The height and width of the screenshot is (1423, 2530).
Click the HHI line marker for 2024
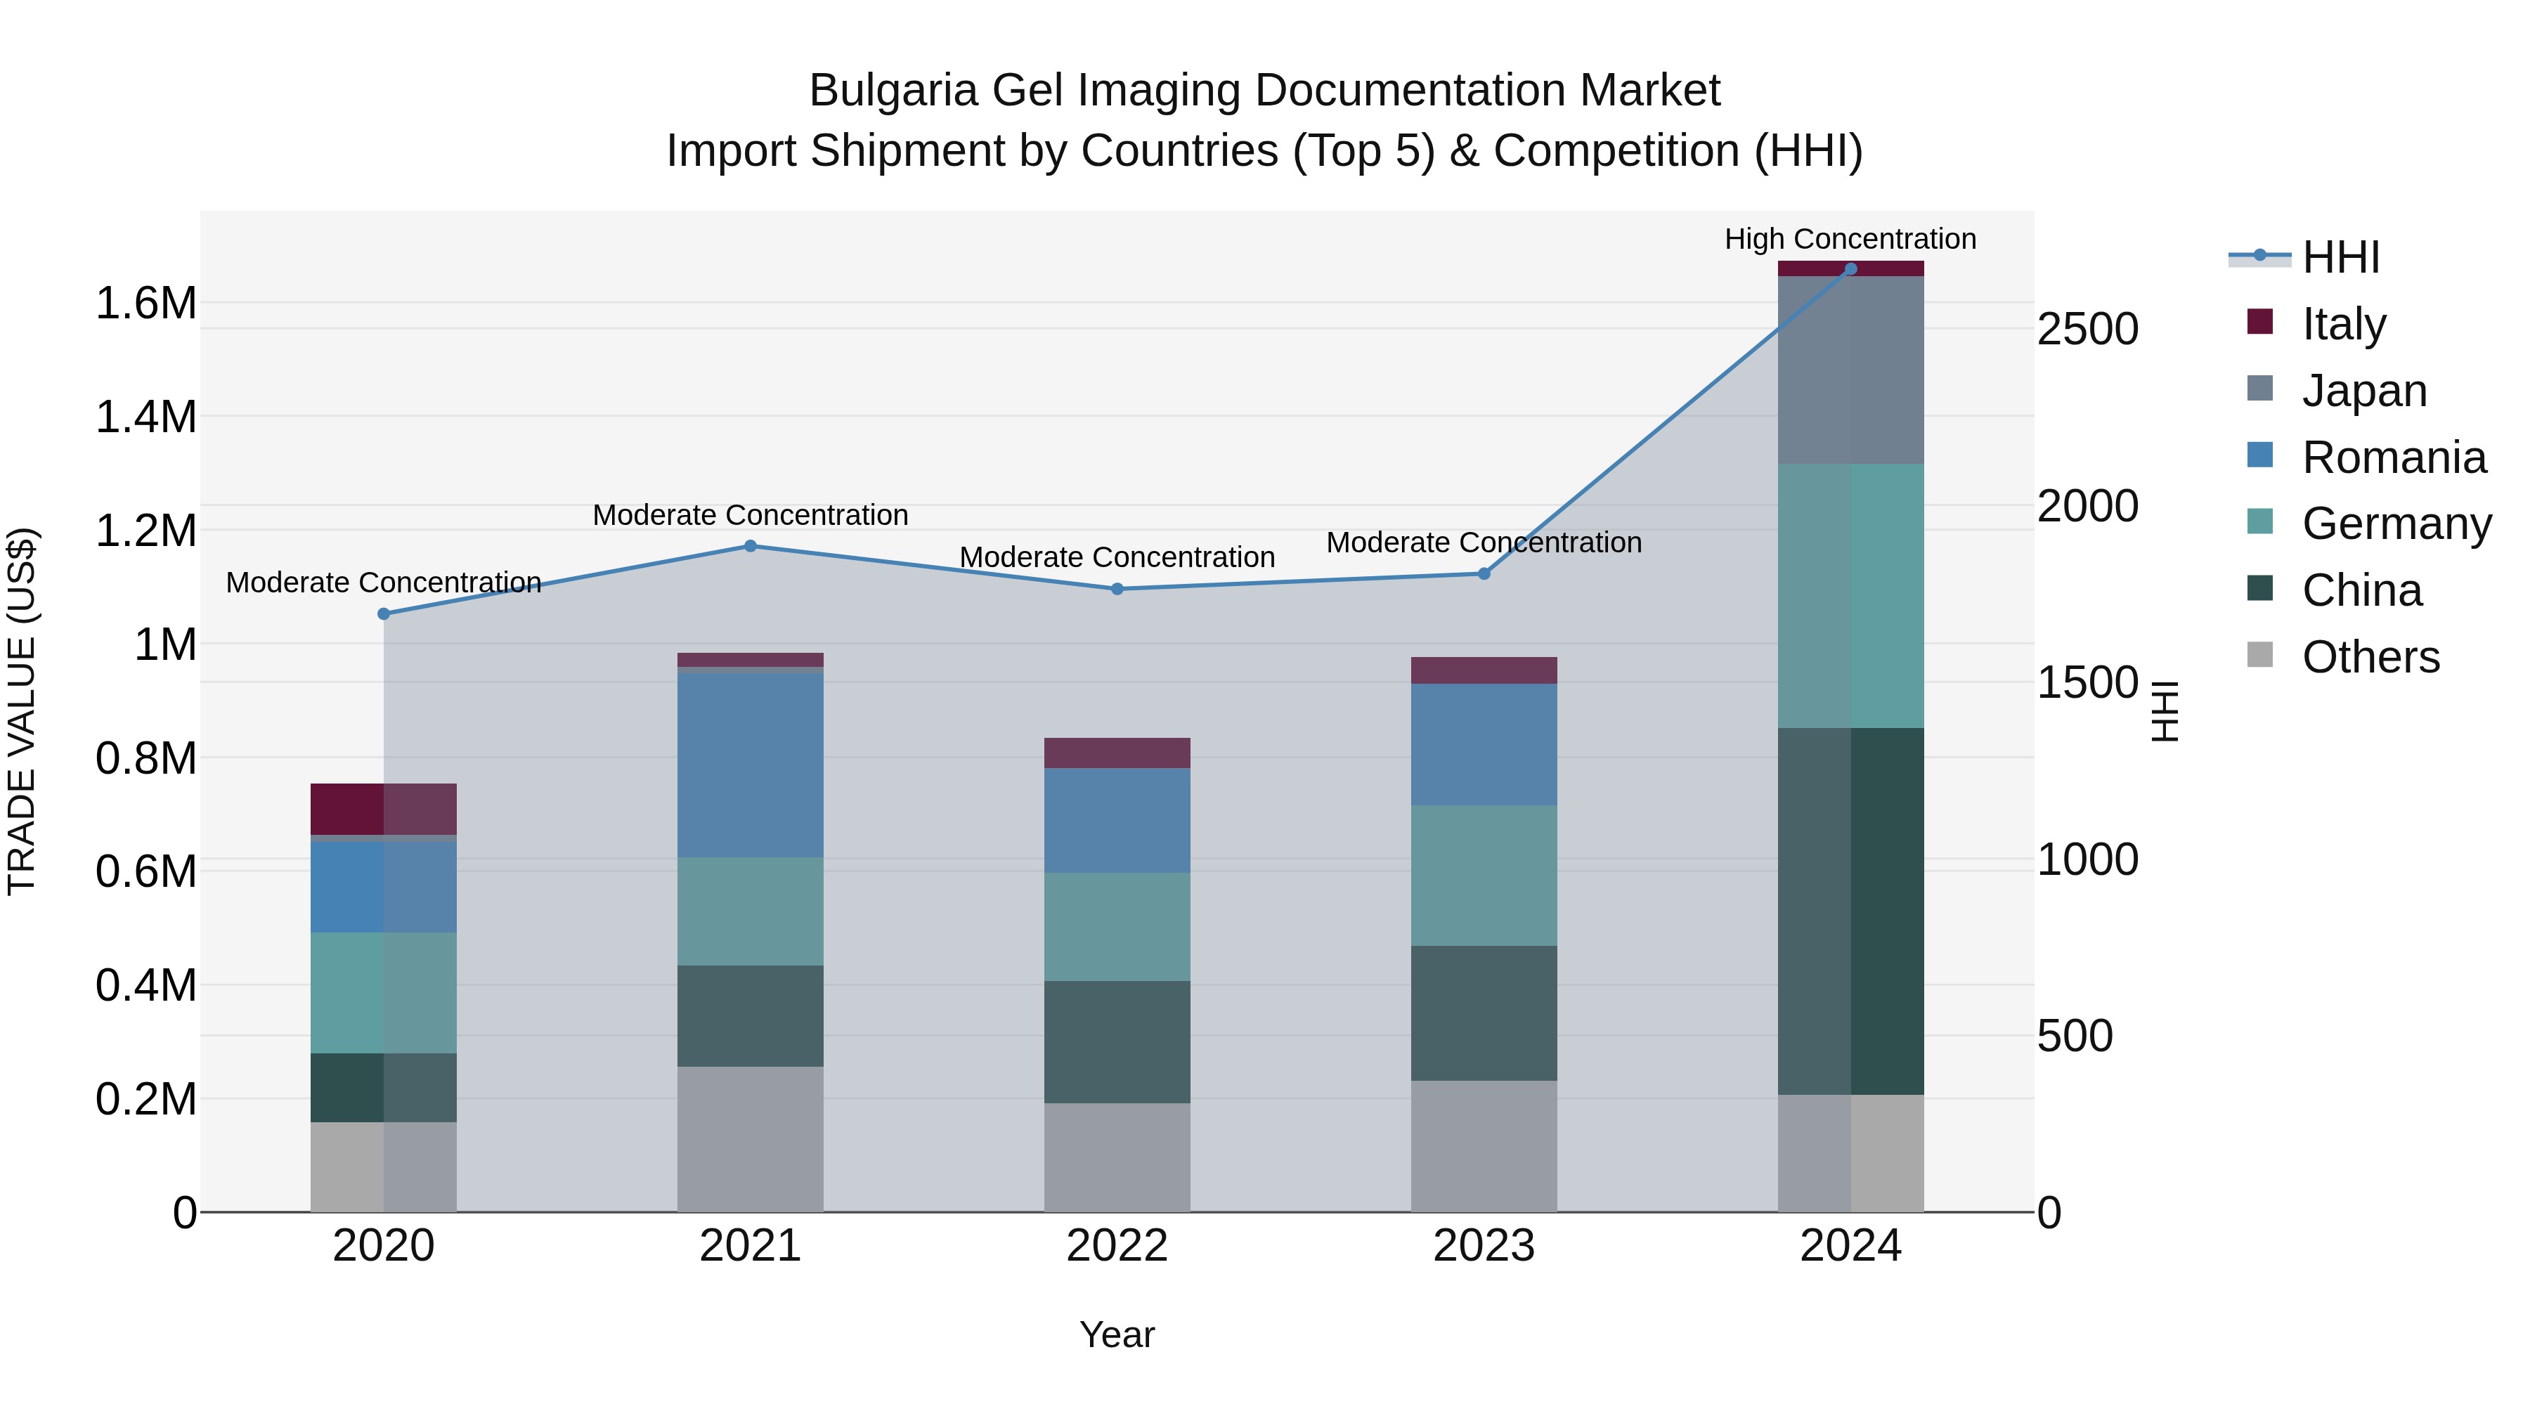click(1850, 268)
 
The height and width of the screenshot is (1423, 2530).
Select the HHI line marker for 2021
click(751, 546)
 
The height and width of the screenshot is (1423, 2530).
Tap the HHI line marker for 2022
click(1117, 590)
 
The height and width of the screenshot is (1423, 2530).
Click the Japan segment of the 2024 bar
click(1850, 370)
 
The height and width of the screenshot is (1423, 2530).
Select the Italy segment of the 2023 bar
click(1484, 671)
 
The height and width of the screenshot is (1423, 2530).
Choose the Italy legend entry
click(2342, 324)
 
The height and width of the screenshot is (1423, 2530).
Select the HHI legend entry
click(2340, 257)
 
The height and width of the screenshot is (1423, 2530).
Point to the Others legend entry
click(2369, 657)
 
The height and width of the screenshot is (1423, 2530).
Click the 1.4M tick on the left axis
click(145, 417)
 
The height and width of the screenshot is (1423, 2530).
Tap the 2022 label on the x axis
click(1117, 1246)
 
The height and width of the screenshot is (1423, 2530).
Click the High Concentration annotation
click(1850, 239)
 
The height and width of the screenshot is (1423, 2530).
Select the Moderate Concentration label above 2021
click(751, 514)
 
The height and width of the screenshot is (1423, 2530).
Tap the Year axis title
click(1117, 1334)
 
